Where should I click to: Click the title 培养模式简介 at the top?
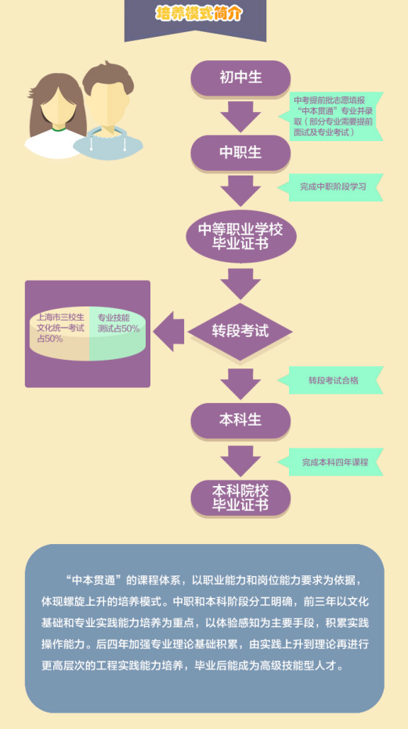point(199,14)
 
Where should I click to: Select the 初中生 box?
point(240,78)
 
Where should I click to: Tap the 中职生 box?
point(240,153)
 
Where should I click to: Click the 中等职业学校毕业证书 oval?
point(240,237)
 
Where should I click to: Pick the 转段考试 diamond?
point(240,332)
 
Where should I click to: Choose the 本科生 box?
point(240,420)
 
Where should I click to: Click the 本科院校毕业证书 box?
point(240,498)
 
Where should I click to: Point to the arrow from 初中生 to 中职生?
point(240,116)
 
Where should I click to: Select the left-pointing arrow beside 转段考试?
point(168,332)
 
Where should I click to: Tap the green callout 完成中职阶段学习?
point(330,187)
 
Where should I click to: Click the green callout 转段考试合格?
point(330,380)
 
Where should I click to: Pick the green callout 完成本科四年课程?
point(330,462)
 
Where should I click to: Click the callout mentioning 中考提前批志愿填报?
point(330,116)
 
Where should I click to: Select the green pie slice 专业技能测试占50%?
point(117,334)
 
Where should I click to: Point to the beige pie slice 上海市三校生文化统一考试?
point(59,334)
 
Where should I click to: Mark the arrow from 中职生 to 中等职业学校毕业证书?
point(240,190)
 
